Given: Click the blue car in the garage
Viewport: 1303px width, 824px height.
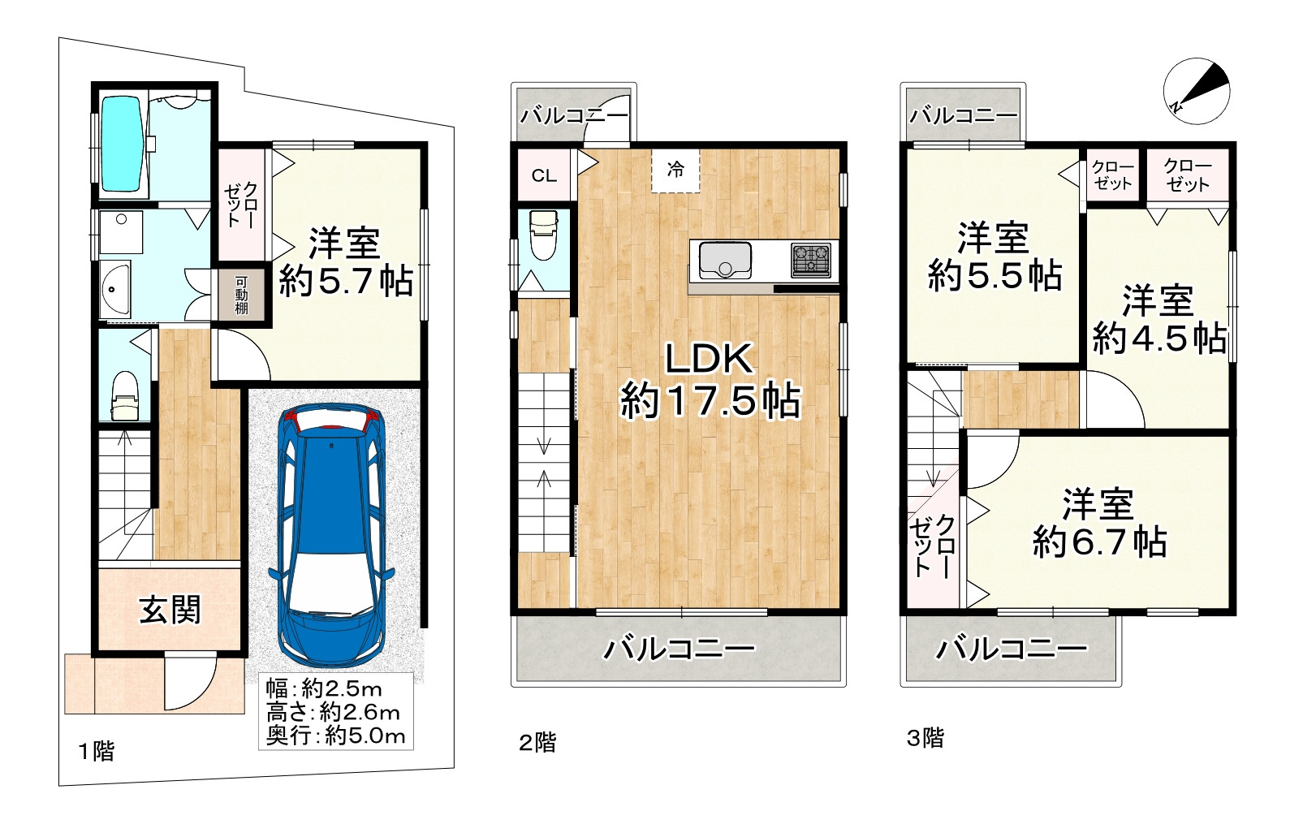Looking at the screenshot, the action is pyautogui.click(x=331, y=535).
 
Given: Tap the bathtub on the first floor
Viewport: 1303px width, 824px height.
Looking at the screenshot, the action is pyautogui.click(x=122, y=144).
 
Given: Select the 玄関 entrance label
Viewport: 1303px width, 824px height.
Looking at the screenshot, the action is pyautogui.click(x=170, y=610).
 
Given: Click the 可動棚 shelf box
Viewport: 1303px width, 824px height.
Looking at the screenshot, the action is pyautogui.click(x=242, y=296).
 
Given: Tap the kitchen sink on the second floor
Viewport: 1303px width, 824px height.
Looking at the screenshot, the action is pyautogui.click(x=725, y=261).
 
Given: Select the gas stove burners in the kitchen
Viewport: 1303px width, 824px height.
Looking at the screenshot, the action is pyautogui.click(x=811, y=260).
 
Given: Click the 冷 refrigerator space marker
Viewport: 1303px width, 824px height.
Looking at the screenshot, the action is pyautogui.click(x=675, y=170).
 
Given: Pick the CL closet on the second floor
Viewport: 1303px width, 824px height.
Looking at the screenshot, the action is pyautogui.click(x=544, y=175).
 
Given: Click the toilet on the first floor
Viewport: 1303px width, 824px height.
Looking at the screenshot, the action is pyautogui.click(x=124, y=395).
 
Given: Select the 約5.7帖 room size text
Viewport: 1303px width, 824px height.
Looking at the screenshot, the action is pyautogui.click(x=346, y=281).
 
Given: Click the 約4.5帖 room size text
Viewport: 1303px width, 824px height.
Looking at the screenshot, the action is pyautogui.click(x=1159, y=338).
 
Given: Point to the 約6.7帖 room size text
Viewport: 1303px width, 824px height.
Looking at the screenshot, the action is pyautogui.click(x=1099, y=542).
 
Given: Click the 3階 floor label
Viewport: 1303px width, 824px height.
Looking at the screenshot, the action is pyautogui.click(x=925, y=738).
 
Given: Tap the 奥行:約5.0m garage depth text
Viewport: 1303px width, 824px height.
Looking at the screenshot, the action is pyautogui.click(x=335, y=736).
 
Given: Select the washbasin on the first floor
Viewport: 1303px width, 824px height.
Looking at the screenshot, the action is pyautogui.click(x=115, y=289).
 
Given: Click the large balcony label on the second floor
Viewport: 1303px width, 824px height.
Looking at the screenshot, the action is pyautogui.click(x=679, y=649).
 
